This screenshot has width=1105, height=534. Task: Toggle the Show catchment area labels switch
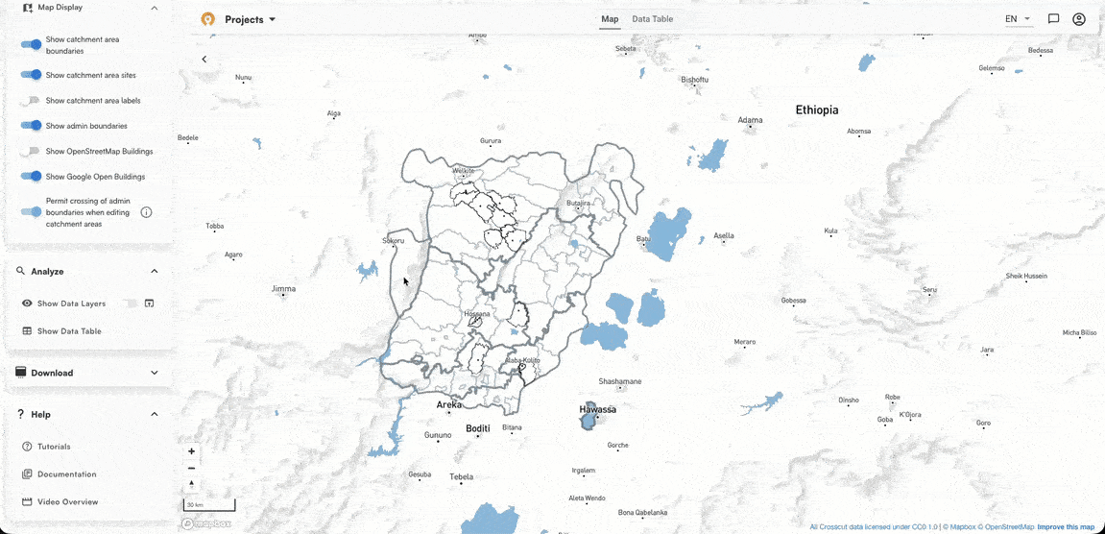pyautogui.click(x=32, y=101)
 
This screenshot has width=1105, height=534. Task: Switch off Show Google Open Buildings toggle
pyautogui.click(x=32, y=177)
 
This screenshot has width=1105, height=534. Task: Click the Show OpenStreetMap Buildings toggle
pyautogui.click(x=32, y=152)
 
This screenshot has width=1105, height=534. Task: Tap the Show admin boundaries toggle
pyautogui.click(x=32, y=126)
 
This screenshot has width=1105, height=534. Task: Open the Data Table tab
pyautogui.click(x=652, y=19)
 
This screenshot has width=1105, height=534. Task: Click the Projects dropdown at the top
pyautogui.click(x=250, y=19)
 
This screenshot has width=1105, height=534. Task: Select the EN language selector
pyautogui.click(x=1017, y=19)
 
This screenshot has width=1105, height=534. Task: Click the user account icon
pyautogui.click(x=1079, y=19)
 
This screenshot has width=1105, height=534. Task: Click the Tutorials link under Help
pyautogui.click(x=54, y=447)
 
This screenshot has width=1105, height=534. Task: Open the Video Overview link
pyautogui.click(x=67, y=501)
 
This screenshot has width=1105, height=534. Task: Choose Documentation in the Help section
pyautogui.click(x=66, y=473)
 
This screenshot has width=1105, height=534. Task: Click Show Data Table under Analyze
pyautogui.click(x=69, y=331)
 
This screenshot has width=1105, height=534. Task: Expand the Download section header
pyautogui.click(x=86, y=373)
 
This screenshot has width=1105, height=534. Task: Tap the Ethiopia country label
pyautogui.click(x=816, y=110)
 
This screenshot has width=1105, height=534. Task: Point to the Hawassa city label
pyautogui.click(x=596, y=410)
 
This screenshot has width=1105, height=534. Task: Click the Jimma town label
pyautogui.click(x=283, y=289)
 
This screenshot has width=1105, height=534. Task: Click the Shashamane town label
pyautogui.click(x=619, y=381)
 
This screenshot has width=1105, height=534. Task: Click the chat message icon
pyautogui.click(x=1053, y=19)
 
